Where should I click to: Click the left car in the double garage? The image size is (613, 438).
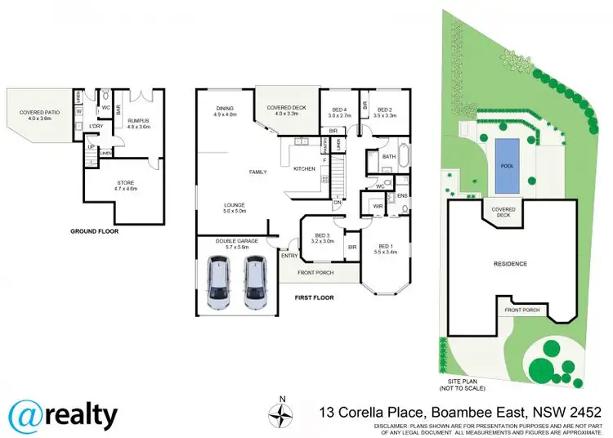pyautogui.click(x=220, y=283)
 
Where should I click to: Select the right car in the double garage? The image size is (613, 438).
pyautogui.click(x=256, y=283)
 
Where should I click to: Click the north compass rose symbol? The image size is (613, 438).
pyautogui.click(x=281, y=416)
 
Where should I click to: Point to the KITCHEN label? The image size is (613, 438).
pyautogui.click(x=304, y=169)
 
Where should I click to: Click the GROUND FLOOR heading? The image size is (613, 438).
pyautogui.click(x=95, y=231)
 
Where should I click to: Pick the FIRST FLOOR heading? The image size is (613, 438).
pyautogui.click(x=313, y=297)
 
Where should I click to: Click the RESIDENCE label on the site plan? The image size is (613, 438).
pyautogui.click(x=509, y=264)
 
